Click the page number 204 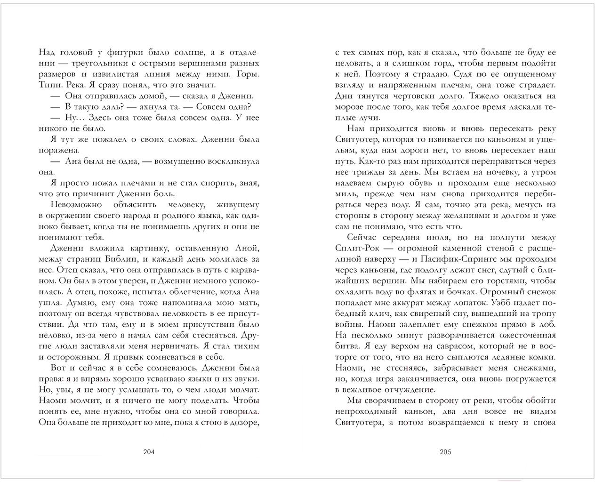point(149,452)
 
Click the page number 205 point(445,452)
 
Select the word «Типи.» point(49,85)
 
